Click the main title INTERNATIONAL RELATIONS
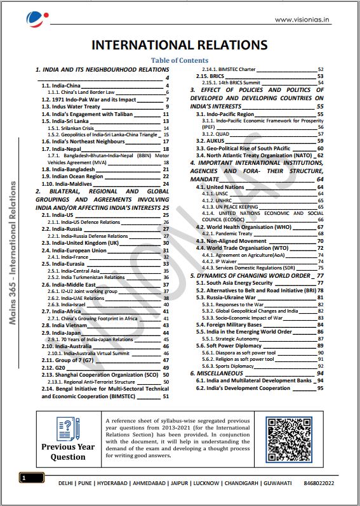pos(180,45)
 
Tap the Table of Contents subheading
pos(180,60)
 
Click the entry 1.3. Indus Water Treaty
pos(71,107)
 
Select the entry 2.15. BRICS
pos(211,75)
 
